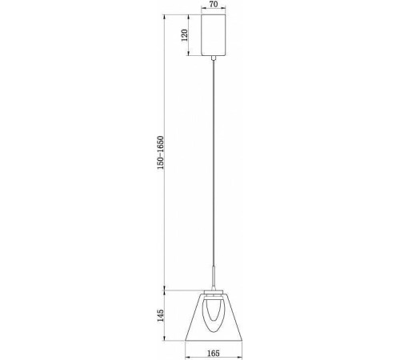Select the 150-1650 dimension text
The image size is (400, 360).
162,151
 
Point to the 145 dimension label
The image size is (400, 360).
162,316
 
